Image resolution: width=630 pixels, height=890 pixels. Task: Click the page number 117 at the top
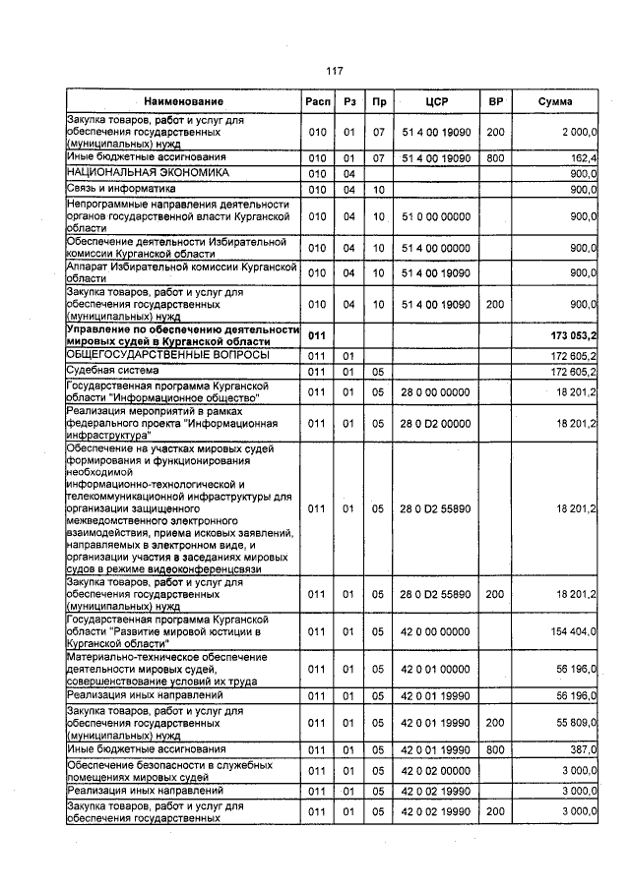[x=334, y=71]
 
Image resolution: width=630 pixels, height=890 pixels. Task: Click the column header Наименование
[x=183, y=101]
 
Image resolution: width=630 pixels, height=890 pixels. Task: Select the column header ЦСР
[x=437, y=101]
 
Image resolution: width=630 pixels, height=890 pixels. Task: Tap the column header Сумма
[x=556, y=101]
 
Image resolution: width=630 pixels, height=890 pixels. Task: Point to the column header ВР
[x=495, y=101]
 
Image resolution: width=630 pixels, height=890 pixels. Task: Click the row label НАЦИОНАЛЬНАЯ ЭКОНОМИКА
[x=133, y=172]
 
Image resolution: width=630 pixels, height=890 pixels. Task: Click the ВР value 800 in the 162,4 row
[x=495, y=157]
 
